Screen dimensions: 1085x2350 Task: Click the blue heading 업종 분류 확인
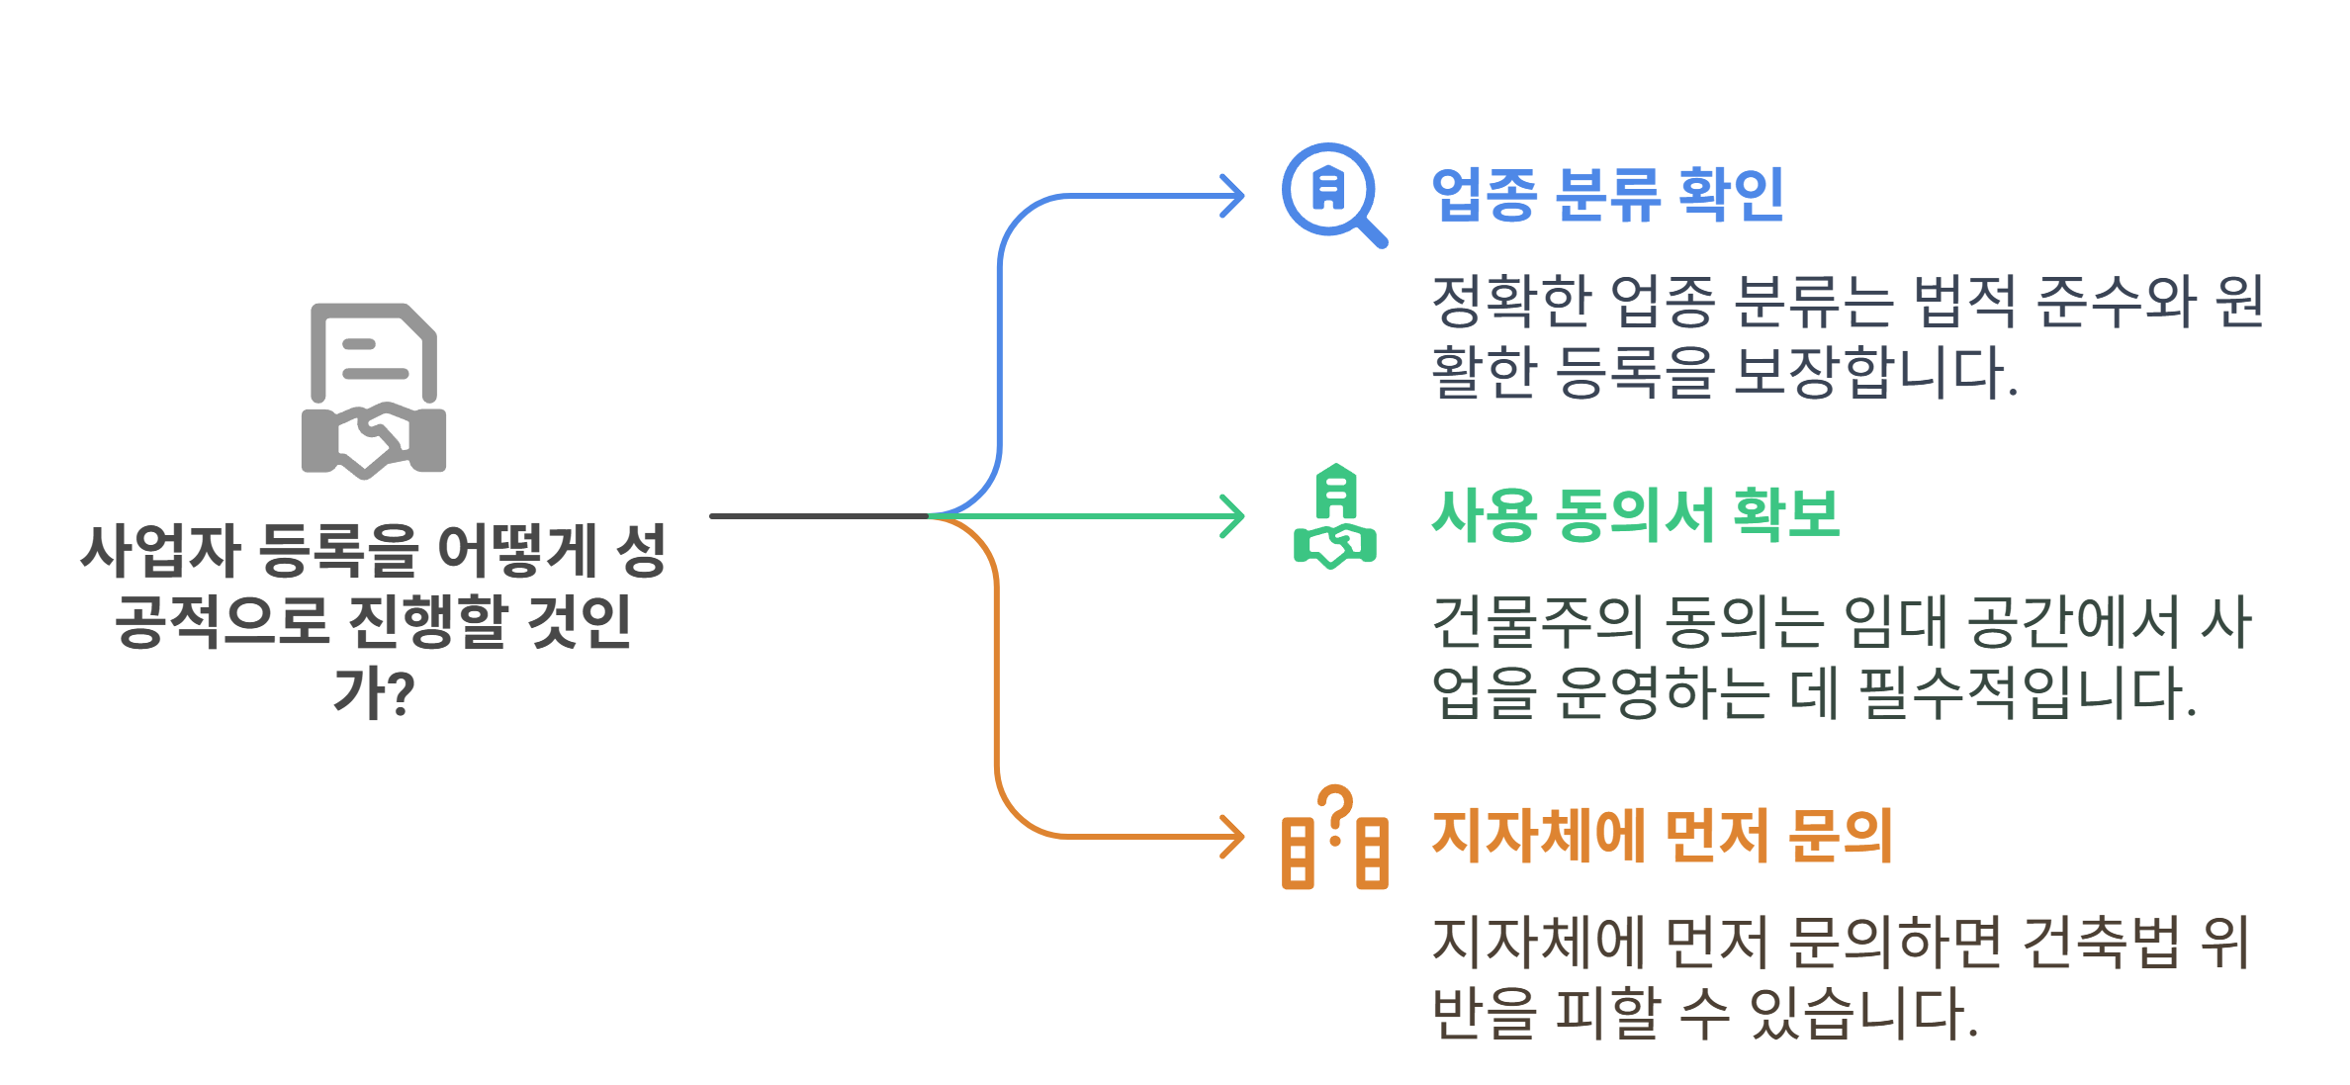click(1607, 194)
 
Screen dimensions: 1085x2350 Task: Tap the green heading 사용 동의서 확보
click(1636, 515)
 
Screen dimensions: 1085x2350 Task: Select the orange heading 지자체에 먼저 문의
click(1662, 836)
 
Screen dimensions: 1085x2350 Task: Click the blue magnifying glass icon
click(1333, 194)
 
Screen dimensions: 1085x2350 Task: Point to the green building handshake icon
click(1335, 516)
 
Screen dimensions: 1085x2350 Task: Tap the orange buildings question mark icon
click(1335, 839)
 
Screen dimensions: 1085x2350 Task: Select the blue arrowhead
click(1232, 196)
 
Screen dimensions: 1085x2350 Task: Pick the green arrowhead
click(1232, 516)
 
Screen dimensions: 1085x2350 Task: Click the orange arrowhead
click(1232, 837)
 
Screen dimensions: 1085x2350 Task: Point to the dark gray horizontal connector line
click(819, 516)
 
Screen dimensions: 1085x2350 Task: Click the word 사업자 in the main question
click(161, 551)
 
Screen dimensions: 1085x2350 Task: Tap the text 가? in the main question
click(374, 693)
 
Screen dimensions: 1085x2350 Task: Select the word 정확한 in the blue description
click(1511, 301)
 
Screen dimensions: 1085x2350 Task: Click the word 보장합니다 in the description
click(1875, 372)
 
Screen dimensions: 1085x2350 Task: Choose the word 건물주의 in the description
click(1537, 621)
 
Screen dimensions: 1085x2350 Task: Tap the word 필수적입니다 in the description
click(2028, 692)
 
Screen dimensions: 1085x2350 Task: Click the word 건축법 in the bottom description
click(2101, 942)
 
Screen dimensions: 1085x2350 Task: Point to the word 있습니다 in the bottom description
click(1863, 1013)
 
